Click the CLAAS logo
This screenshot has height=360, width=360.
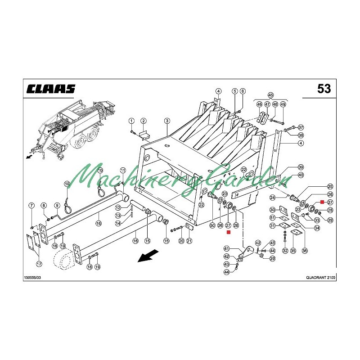pyautogui.click(x=51, y=89)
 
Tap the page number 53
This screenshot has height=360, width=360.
pyautogui.click(x=324, y=89)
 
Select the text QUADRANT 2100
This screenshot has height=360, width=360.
pyautogui.click(x=320, y=277)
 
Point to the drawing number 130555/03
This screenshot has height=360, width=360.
pyautogui.click(x=32, y=278)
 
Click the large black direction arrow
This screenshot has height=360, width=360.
pyautogui.click(x=148, y=256)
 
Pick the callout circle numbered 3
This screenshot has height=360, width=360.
pyautogui.click(x=167, y=121)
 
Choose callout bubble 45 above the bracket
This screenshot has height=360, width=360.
pyautogui.click(x=271, y=95)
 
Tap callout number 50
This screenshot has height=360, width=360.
pyautogui.click(x=212, y=225)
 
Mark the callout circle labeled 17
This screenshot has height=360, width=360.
pyautogui.click(x=39, y=264)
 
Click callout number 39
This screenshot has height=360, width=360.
pyautogui.click(x=301, y=167)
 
